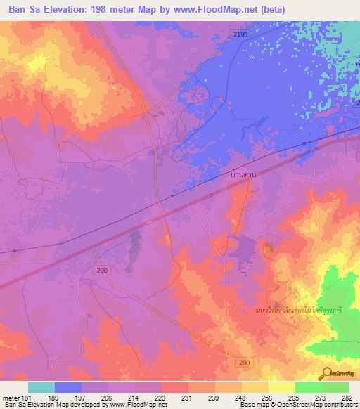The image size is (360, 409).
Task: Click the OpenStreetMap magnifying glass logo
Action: (x=328, y=373)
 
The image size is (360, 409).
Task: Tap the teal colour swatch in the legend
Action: (x=41, y=387)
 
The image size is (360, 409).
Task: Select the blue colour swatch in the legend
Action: (x=68, y=387)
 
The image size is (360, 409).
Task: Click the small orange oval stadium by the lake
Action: (x=269, y=248)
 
